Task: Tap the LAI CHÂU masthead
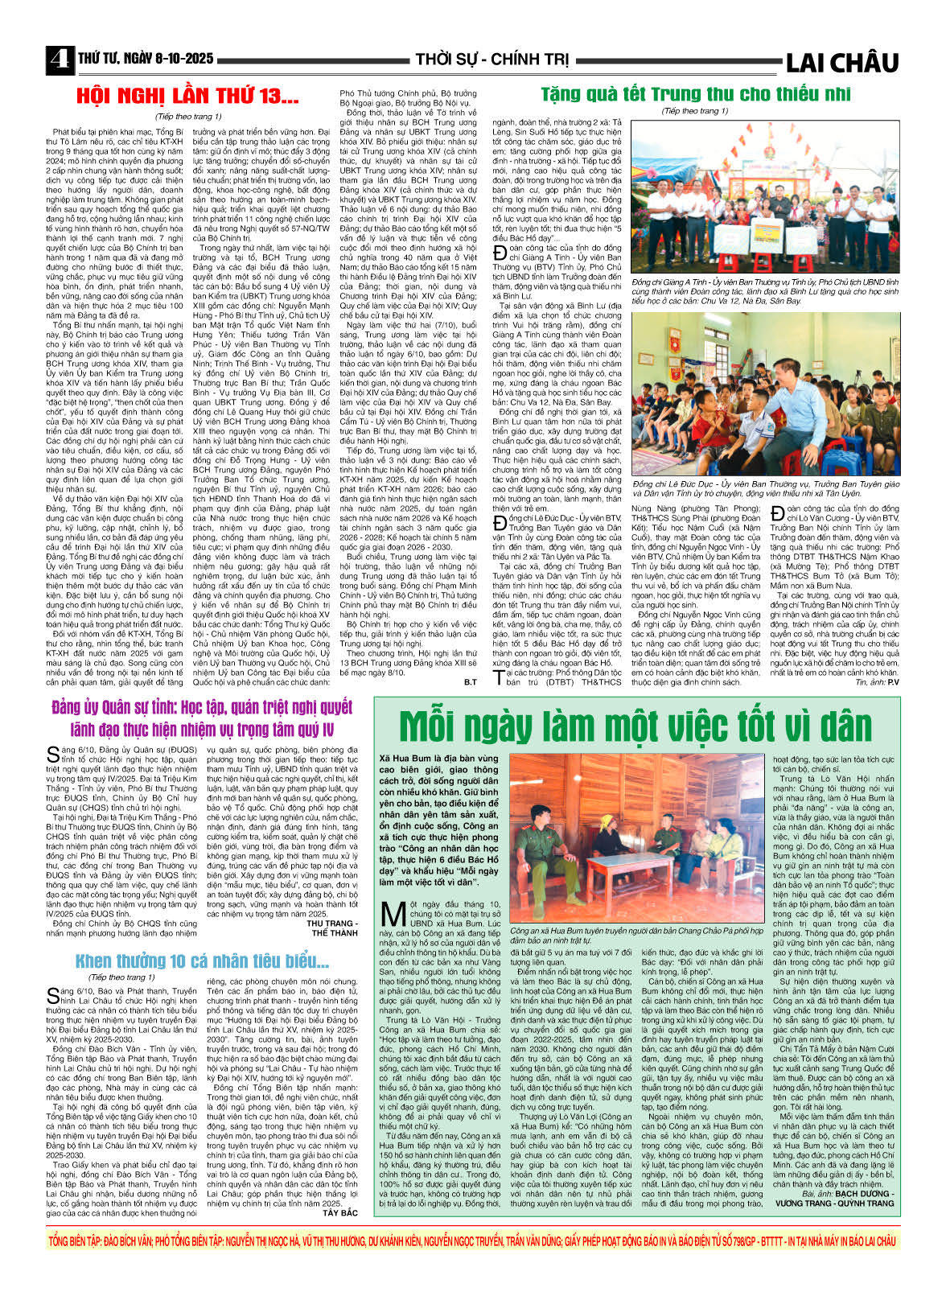pos(841,62)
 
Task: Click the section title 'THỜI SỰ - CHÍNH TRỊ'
pos(492,60)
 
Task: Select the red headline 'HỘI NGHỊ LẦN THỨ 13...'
pos(187,97)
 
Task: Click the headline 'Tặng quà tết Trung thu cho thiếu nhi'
pos(695,93)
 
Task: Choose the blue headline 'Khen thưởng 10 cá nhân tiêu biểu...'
pos(202,961)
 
